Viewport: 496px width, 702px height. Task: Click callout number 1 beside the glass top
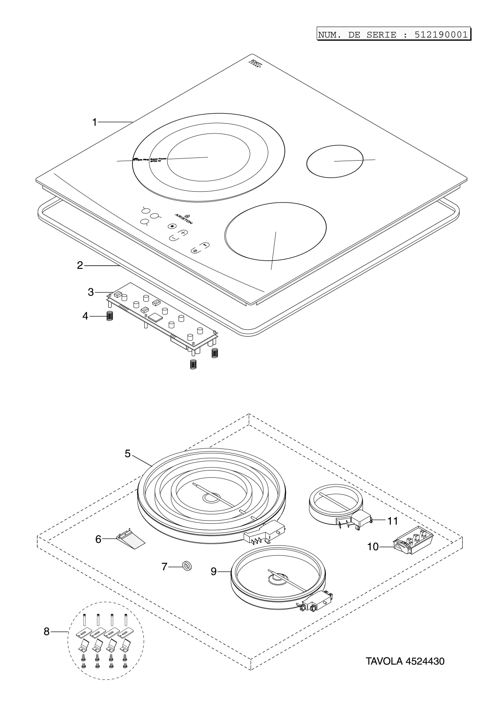point(95,122)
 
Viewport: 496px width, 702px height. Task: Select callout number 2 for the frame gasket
point(80,265)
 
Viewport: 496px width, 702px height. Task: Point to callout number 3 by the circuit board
point(91,292)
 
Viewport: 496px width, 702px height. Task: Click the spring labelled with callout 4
point(109,316)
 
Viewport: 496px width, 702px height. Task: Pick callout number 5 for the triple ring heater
point(128,453)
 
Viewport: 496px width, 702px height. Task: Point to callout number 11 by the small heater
point(392,521)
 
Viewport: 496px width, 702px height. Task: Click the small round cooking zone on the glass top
point(335,161)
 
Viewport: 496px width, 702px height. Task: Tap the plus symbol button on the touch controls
point(183,233)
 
